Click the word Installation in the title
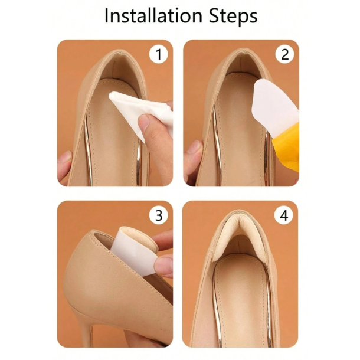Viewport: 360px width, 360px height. pyautogui.click(x=153, y=15)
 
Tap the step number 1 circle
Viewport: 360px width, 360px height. pyautogui.click(x=159, y=54)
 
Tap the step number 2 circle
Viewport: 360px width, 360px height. pyautogui.click(x=284, y=54)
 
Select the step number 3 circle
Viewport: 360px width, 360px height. pyautogui.click(x=159, y=215)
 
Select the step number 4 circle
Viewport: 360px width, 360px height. pyautogui.click(x=284, y=215)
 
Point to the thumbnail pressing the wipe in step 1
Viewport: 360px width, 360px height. pyautogui.click(x=145, y=122)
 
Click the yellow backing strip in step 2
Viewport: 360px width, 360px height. pyautogui.click(x=286, y=140)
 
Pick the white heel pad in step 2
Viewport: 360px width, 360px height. pyautogui.click(x=274, y=102)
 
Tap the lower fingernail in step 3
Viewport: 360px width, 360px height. pyautogui.click(x=163, y=264)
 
